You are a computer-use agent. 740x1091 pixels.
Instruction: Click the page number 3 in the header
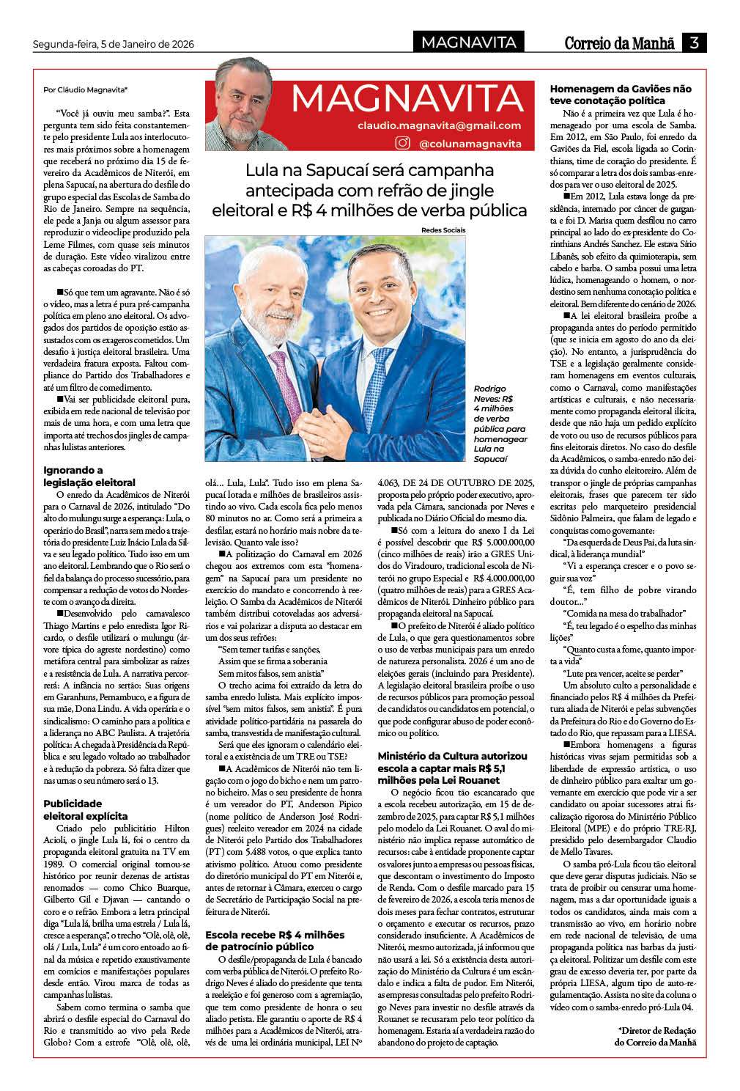tap(693, 43)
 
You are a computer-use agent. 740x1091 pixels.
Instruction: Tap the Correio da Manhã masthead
tap(619, 43)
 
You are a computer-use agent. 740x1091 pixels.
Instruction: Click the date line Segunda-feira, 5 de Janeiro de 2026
tap(114, 44)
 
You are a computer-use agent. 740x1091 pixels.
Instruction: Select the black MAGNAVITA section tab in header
tap(469, 43)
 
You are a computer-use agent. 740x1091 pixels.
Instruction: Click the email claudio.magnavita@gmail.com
tap(440, 125)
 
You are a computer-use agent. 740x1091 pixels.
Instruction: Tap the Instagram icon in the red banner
tap(402, 143)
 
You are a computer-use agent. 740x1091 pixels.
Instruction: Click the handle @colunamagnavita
tap(470, 144)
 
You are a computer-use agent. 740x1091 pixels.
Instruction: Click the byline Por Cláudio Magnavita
tap(85, 89)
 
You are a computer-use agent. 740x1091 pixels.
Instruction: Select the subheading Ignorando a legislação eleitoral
tap(89, 477)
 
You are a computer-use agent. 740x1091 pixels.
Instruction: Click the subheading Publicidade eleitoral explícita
tap(85, 809)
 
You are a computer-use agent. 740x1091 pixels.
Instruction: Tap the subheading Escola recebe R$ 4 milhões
tap(275, 941)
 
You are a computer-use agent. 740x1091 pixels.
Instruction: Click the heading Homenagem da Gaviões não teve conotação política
tap(621, 95)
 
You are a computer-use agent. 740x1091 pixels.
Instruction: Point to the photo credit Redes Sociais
tap(443, 230)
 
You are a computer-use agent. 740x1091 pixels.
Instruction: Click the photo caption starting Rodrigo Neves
tap(500, 423)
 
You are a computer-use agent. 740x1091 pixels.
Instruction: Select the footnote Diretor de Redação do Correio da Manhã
tap(656, 1036)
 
